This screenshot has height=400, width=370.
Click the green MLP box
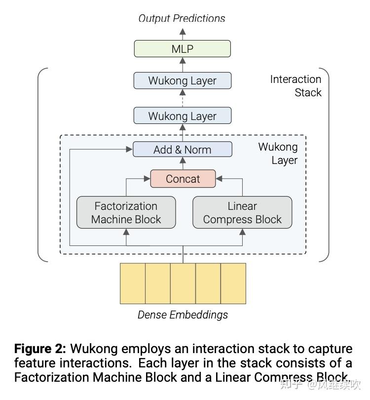(182, 49)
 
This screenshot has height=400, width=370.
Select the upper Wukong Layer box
(182, 80)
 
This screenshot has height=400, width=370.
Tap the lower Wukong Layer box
(182, 116)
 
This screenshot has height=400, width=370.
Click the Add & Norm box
(182, 150)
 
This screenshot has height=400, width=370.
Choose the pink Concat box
(183, 179)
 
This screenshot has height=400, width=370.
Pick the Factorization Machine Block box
(126, 213)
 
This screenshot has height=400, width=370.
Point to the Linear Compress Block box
(242, 213)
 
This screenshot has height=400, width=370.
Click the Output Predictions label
(182, 19)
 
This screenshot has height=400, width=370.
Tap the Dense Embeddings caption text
(183, 315)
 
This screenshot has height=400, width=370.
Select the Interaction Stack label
(296, 86)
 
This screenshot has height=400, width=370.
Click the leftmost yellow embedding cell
(133, 283)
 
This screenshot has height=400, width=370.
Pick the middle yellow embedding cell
(183, 283)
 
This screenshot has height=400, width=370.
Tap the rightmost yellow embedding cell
(233, 283)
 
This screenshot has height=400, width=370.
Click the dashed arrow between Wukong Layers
(183, 98)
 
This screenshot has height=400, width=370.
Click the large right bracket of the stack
(326, 163)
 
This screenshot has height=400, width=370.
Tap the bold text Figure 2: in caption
(40, 349)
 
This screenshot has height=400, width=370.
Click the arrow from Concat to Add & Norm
(183, 163)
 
